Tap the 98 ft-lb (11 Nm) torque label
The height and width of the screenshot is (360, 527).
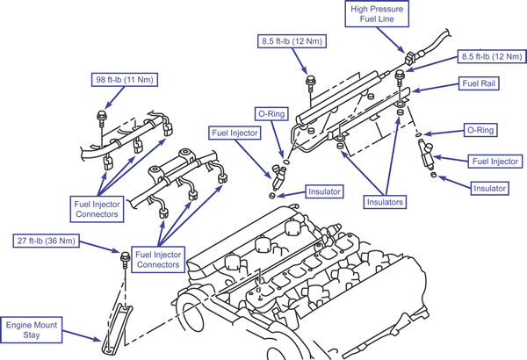(x=125, y=79)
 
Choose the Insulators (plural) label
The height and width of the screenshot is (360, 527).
(x=383, y=202)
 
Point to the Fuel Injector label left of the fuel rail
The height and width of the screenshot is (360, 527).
(x=233, y=133)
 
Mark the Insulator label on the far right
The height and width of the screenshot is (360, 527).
(x=489, y=188)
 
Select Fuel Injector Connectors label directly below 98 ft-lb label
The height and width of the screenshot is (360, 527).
(x=97, y=208)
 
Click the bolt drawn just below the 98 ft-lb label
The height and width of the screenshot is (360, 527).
(x=101, y=114)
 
